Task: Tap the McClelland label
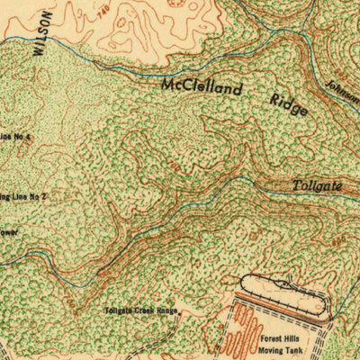tap(202, 88)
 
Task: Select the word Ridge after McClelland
tap(286, 103)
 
